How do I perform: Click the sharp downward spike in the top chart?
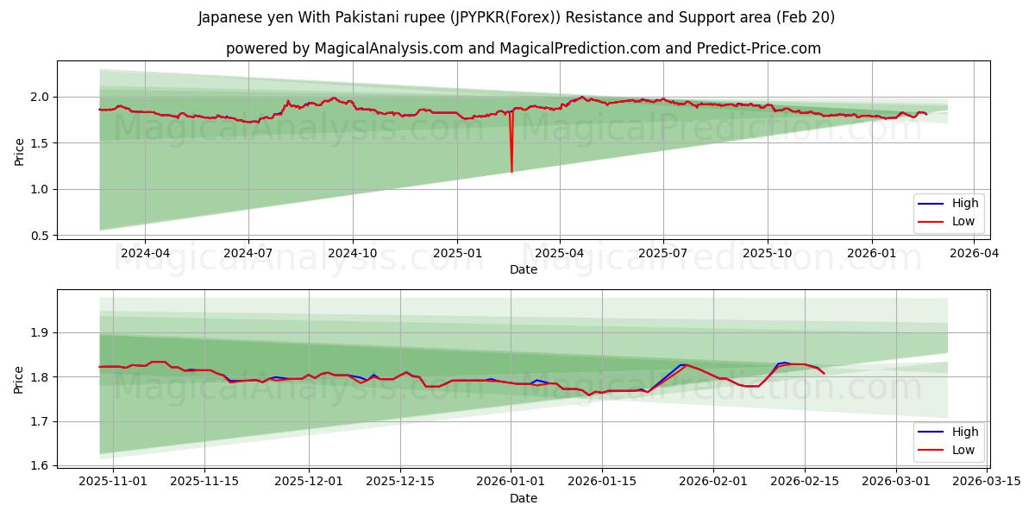[x=511, y=170]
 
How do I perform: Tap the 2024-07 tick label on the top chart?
[x=248, y=253]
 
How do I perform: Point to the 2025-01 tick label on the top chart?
[x=456, y=253]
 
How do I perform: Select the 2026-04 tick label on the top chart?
[x=975, y=253]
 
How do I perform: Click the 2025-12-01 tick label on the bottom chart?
[x=309, y=482]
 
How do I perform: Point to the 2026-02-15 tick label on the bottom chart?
[x=805, y=482]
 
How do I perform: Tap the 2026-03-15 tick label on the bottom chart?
[x=988, y=482]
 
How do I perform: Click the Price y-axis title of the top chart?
[x=19, y=151]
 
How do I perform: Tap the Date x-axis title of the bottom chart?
[x=524, y=498]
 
